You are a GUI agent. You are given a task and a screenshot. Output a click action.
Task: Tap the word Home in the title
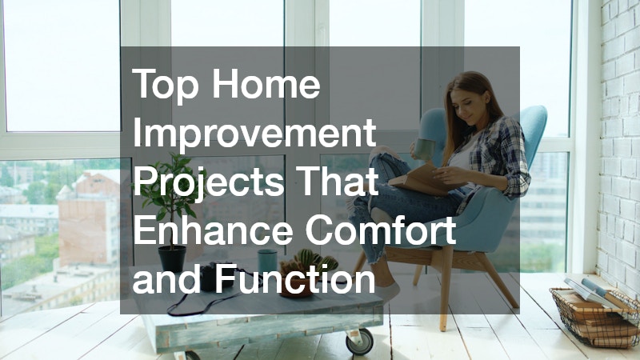pyautogui.click(x=266, y=83)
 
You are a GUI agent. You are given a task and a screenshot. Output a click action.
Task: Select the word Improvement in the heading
pyautogui.click(x=254, y=132)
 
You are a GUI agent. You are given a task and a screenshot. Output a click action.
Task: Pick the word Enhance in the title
pyautogui.click(x=213, y=230)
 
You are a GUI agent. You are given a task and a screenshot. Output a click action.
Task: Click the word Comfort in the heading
pyautogui.click(x=381, y=230)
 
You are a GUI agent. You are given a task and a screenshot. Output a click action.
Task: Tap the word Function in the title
pyautogui.click(x=294, y=278)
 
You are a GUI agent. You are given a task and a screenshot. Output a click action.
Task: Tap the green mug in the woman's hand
pyautogui.click(x=425, y=150)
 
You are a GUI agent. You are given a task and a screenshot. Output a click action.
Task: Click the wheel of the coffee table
pyautogui.click(x=359, y=342)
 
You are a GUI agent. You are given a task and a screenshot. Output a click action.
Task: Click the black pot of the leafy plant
pyautogui.click(x=172, y=258)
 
